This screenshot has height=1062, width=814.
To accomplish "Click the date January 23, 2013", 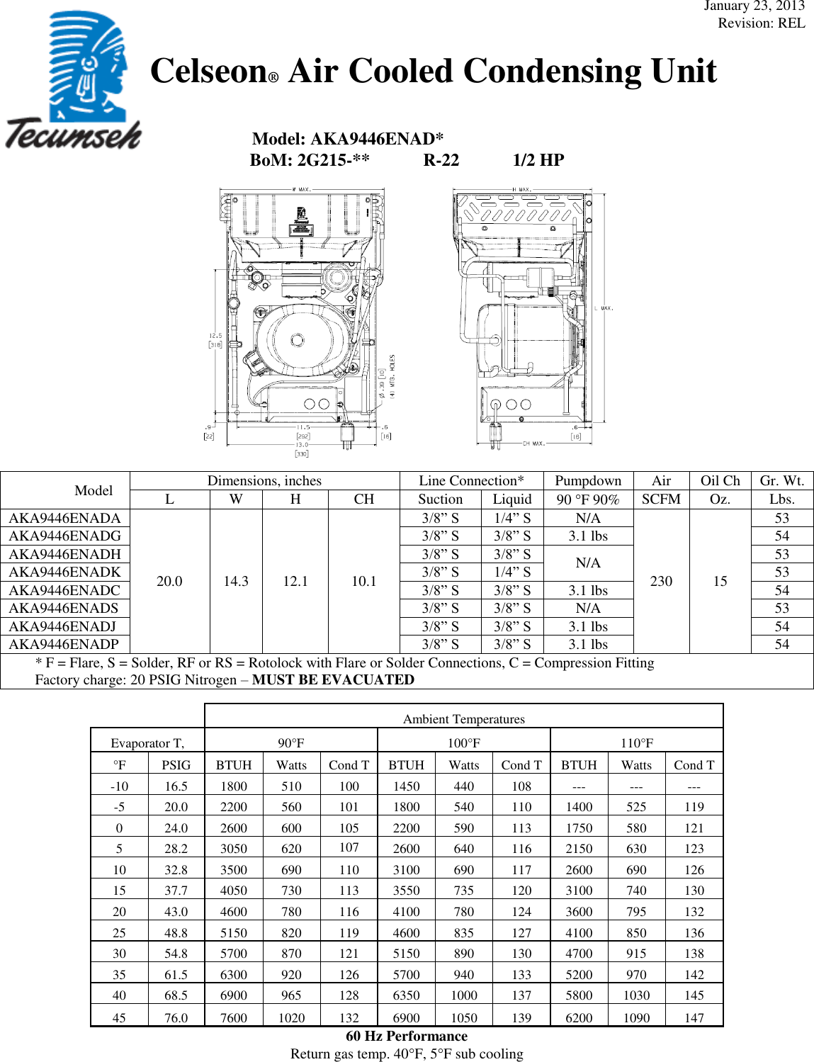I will tap(754, 6).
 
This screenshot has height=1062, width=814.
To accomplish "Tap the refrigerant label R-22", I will tap(441, 160).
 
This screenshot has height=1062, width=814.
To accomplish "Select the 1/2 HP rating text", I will tap(538, 160).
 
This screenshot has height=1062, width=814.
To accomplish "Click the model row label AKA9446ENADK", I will tap(64, 572).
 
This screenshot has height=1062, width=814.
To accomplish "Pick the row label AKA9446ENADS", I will tap(64, 608).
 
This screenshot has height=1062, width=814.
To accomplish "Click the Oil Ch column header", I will tap(720, 480).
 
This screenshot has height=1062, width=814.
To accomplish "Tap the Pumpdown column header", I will tap(587, 480).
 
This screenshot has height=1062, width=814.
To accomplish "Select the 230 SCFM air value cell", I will tap(661, 581).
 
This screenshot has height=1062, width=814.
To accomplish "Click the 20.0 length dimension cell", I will tap(169, 581).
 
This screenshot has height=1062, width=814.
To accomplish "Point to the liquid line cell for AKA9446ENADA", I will tap(512, 518).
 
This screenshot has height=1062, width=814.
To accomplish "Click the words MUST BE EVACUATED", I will tap(333, 679).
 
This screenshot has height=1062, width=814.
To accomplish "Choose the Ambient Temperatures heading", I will tap(463, 719).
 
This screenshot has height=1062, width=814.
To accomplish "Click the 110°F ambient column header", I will tap(636, 742).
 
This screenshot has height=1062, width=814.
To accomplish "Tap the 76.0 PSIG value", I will tap(176, 1017).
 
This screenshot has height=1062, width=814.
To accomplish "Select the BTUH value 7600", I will tap(233, 1017).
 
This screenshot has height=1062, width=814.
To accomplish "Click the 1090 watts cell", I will tap(636, 1017).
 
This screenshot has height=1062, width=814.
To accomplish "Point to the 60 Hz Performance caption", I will tap(407, 1036).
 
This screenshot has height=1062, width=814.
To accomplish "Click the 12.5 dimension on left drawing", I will tap(215, 336).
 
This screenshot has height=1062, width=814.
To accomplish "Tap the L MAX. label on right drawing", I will tap(604, 308).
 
